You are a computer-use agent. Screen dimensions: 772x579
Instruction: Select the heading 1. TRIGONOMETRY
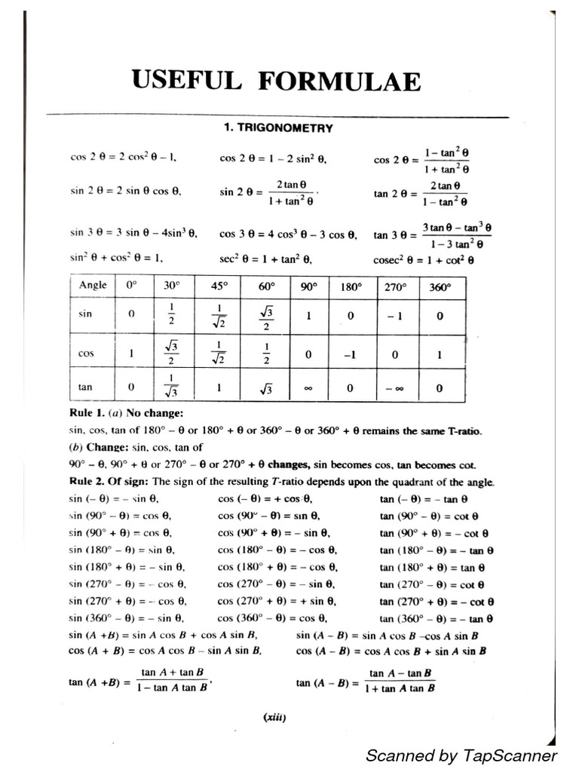coord(277,128)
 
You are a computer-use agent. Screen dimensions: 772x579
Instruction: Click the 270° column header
coord(396,286)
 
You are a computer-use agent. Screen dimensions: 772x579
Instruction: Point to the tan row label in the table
coord(85,387)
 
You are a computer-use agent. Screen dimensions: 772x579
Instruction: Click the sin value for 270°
coord(396,317)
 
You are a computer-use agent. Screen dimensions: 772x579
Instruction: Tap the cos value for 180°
coord(350,352)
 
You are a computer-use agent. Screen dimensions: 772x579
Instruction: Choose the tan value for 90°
coord(308,388)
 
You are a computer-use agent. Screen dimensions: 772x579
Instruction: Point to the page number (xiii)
coord(274,718)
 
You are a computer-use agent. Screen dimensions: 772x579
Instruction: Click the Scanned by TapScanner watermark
coord(461,755)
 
